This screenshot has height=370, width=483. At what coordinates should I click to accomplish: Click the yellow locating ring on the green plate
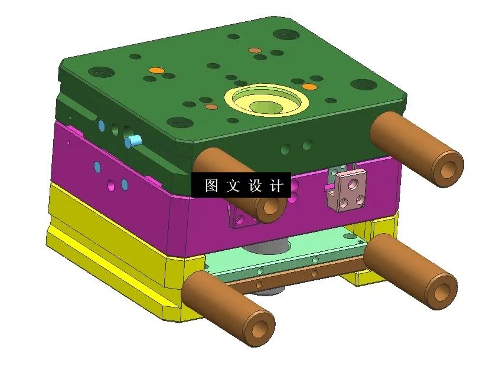pyautogui.click(x=269, y=100)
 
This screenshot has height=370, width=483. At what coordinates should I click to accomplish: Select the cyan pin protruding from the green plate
pyautogui.click(x=133, y=141)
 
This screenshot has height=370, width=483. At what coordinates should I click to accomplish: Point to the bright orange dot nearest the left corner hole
pyautogui.click(x=156, y=70)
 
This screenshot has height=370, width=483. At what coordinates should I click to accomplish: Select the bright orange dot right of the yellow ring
pyautogui.click(x=309, y=87)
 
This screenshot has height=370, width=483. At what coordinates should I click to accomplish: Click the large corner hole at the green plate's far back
pyautogui.click(x=285, y=34)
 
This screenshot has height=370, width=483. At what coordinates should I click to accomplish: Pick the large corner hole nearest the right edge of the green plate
pyautogui.click(x=363, y=84)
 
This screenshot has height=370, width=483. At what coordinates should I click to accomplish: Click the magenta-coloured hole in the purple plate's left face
pyautogui.click(x=111, y=186)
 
